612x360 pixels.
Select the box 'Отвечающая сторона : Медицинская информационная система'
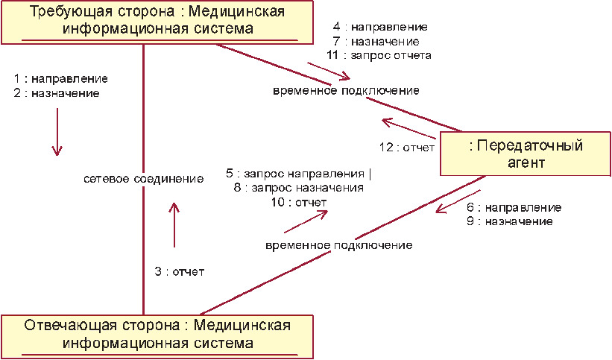pos(156,335)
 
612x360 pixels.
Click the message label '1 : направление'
pos(61,78)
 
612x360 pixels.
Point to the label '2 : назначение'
pos(57,93)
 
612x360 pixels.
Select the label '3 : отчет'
pos(180,272)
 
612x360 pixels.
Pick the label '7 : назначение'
pos(376,42)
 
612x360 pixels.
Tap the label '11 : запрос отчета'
pos(379,55)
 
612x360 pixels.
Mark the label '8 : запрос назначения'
pos(298,189)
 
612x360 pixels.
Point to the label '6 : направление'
pos(514,208)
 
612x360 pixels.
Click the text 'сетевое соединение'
pos(144,179)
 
